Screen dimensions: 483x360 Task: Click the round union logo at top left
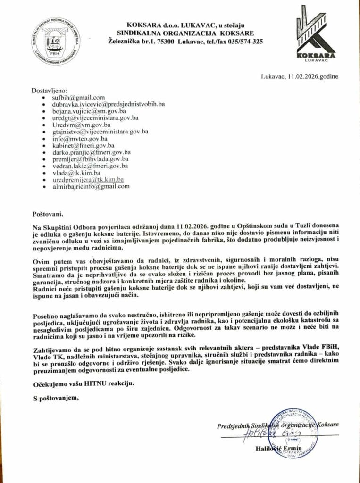pos(56,41)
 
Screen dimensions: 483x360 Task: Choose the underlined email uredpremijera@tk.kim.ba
pos(88,180)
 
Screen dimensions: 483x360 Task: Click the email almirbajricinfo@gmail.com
pos(91,187)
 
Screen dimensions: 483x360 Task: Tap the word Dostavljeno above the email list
pos(50,90)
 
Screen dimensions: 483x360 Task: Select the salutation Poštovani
pos(48,214)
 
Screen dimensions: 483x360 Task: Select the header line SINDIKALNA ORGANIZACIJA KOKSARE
pos(185,33)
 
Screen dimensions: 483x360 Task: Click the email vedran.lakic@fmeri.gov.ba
pos(90,166)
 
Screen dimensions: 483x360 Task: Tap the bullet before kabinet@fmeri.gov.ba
pos(44,146)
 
